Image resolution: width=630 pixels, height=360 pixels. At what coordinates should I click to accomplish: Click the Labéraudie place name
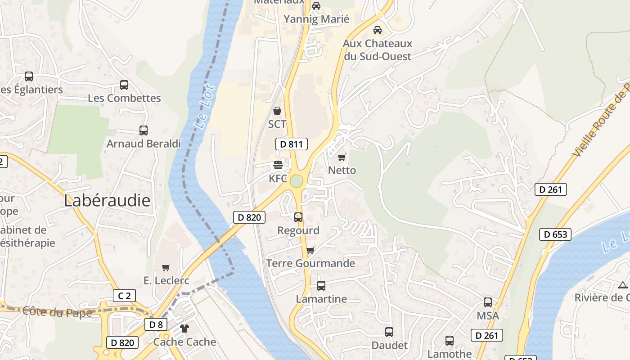107,201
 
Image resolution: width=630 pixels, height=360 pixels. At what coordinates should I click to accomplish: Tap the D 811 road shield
291,144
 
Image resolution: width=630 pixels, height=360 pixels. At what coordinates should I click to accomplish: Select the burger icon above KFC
278,165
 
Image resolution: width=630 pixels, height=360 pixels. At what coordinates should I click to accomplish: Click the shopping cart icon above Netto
342,157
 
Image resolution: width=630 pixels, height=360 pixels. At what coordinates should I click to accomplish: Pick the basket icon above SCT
277,110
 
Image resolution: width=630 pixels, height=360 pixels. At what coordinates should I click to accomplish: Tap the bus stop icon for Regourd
298,217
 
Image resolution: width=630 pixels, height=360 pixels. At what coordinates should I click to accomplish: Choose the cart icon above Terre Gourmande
310,250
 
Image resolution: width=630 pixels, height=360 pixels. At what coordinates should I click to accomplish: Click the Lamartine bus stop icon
321,285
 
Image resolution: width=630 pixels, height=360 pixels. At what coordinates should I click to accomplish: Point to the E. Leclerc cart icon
166,267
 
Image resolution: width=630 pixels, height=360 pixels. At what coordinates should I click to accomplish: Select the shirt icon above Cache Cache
184,328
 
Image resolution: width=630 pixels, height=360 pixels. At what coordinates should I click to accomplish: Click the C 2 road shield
124,296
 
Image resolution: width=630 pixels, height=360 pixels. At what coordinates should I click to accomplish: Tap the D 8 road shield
156,324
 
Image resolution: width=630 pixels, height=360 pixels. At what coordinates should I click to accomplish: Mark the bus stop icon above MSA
488,302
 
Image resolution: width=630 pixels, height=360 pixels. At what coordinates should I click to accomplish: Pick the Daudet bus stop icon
389,332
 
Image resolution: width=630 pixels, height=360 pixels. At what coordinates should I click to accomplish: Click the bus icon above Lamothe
450,341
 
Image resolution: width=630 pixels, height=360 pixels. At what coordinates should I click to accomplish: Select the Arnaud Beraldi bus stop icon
144,130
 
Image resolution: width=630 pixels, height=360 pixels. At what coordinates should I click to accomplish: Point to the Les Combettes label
124,98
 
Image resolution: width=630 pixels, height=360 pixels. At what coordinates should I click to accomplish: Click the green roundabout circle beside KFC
296,181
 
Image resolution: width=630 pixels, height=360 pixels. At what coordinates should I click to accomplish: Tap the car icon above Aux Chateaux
378,30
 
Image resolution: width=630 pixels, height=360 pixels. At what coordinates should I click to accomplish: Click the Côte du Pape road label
57,312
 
